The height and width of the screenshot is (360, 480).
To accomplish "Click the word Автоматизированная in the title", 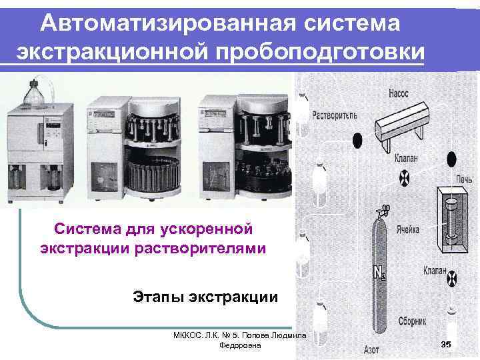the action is pos(168,23).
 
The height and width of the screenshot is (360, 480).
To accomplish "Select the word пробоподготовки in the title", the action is pos(320,52).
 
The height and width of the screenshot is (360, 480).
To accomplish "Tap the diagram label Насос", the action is pos(399,93).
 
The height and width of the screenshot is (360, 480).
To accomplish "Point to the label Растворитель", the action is pos(335,115).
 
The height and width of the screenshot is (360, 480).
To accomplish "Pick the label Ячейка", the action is pos(408,229).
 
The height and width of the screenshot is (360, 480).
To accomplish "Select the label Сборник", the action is pos(412,321).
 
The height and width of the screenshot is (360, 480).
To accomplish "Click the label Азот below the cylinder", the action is pos(371,349).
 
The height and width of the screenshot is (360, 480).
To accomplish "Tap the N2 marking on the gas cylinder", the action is pos(380,272).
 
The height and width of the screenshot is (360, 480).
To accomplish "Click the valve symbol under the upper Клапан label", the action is pos(405,177).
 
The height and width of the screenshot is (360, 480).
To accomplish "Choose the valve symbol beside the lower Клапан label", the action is pos(452,277).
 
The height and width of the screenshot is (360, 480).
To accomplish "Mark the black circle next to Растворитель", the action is pos(357,141).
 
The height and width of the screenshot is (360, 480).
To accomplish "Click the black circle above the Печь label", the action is pos(451,159).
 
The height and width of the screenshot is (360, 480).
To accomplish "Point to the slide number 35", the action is pos(446,344).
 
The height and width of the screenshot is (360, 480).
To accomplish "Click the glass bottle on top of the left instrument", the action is pos(34,94).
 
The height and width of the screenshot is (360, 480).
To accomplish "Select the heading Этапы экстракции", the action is pos(205,297).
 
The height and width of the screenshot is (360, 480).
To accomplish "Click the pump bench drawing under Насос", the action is pos(401,125).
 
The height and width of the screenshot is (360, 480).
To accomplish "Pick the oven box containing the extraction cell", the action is pos(453,219).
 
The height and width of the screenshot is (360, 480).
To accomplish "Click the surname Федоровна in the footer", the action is pos(240,345).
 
